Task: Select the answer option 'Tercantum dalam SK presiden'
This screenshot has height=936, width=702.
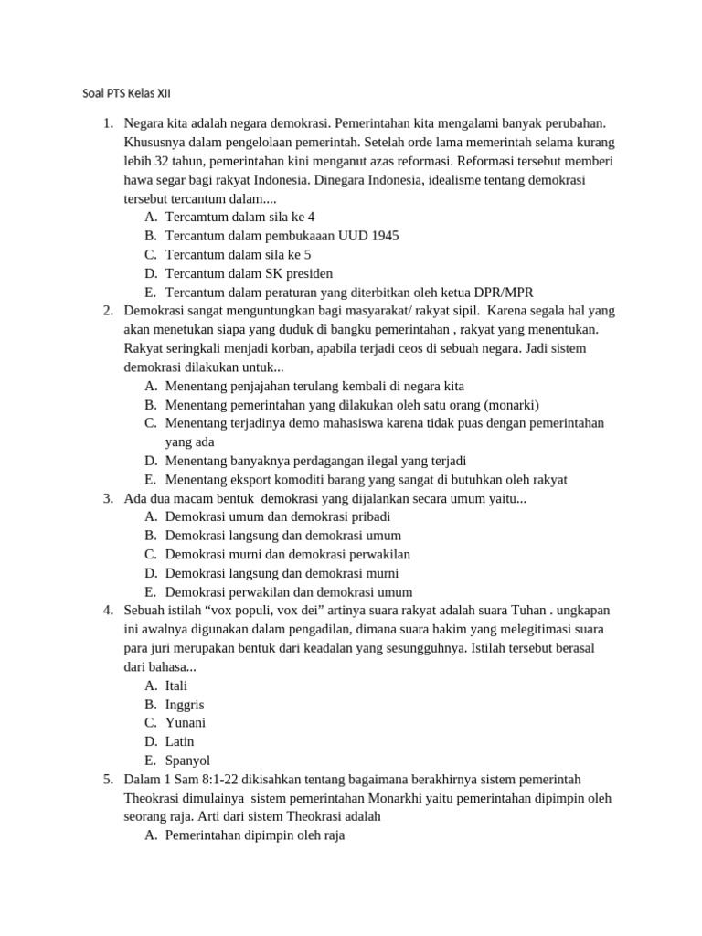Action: coord(249,273)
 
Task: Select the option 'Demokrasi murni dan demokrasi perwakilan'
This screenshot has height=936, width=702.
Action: coord(287,555)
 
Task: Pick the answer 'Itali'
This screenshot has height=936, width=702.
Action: coord(176,686)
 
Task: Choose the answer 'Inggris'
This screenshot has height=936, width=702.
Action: coord(185,705)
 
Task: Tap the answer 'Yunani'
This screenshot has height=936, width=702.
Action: coord(186,723)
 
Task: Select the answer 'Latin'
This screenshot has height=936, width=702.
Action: coord(180,742)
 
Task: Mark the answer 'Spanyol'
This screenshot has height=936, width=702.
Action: coord(188,760)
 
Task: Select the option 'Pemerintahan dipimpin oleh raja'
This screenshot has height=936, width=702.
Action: coord(255,835)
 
